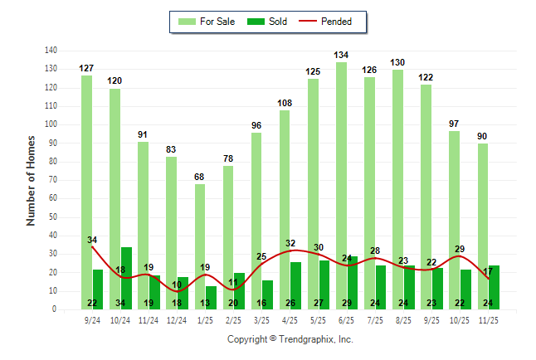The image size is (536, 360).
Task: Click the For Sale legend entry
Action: coord(206,22)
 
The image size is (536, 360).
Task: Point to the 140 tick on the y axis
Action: coord(51,51)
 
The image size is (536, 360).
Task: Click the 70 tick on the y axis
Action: coord(52,180)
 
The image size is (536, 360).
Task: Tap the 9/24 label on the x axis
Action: coord(92,319)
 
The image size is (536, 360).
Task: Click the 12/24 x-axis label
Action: coord(177,319)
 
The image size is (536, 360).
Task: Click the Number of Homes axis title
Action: coord(32,180)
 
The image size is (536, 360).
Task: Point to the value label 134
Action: coord(341,55)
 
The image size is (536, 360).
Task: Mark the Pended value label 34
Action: coord(92,241)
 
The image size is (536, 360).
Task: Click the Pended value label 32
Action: coord(290,243)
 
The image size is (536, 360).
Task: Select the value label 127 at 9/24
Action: coord(87,68)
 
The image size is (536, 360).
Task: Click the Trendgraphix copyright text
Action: coord(290,339)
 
